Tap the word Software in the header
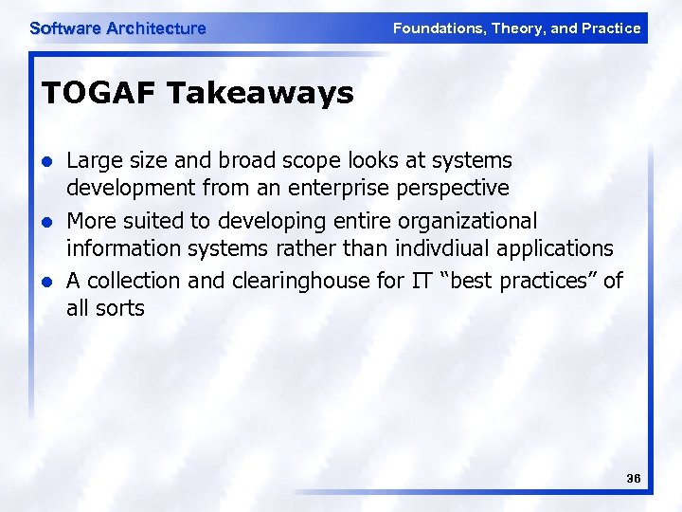click(65, 28)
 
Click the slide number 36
click(634, 479)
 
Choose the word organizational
click(463, 221)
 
